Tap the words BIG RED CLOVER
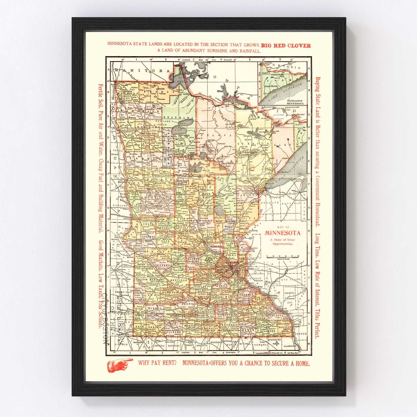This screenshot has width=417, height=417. click(x=286, y=46)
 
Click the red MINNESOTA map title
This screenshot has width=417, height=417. click(x=282, y=233)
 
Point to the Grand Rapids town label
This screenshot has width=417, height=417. click(x=229, y=163)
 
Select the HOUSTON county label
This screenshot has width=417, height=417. click(x=284, y=327)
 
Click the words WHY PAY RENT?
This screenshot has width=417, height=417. click(x=158, y=363)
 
